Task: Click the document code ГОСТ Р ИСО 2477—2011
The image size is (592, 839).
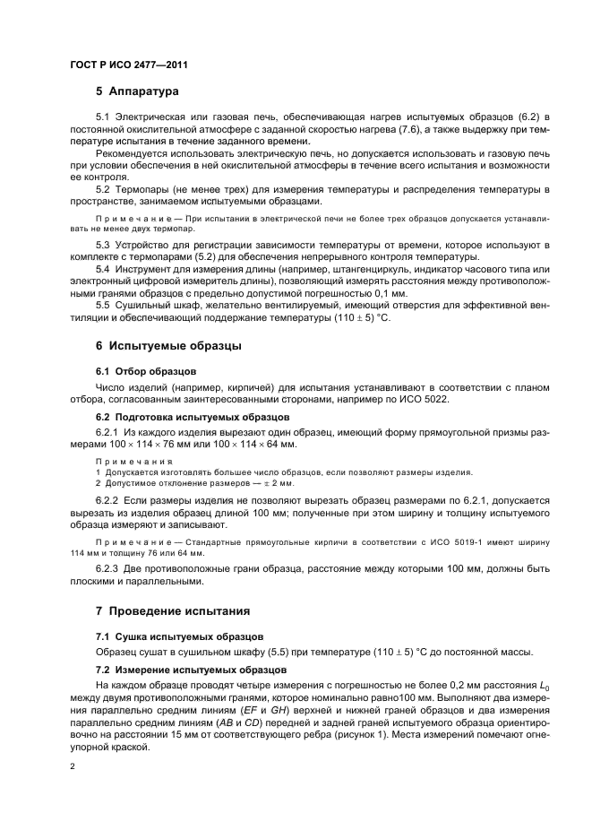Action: point(128,65)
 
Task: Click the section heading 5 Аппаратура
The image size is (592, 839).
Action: point(138,91)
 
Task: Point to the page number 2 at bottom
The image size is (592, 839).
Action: point(73,766)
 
